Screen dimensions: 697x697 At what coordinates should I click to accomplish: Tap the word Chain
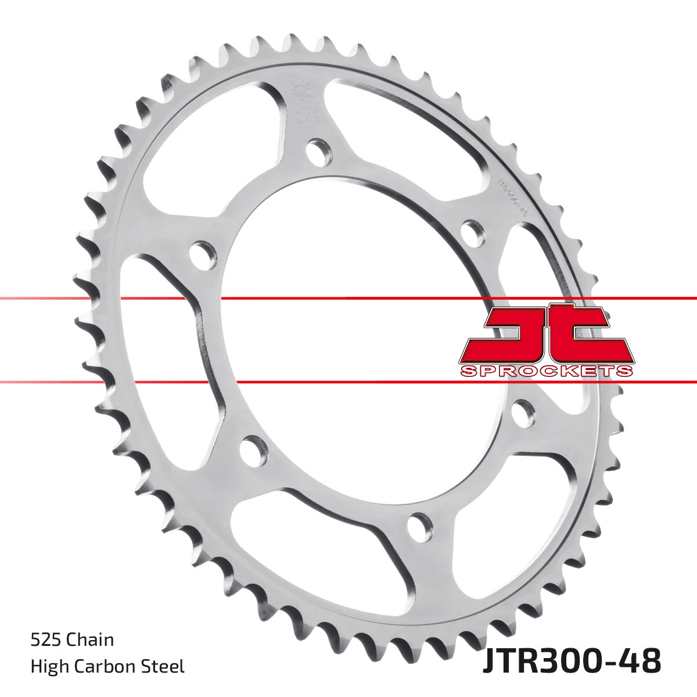[x=90, y=641]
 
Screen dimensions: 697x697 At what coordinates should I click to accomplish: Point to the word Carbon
[x=109, y=666]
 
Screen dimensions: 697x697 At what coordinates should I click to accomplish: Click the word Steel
[x=167, y=666]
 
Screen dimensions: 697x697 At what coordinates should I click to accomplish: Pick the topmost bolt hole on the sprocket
[x=318, y=152]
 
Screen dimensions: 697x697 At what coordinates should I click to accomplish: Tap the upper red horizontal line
[x=348, y=299]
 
